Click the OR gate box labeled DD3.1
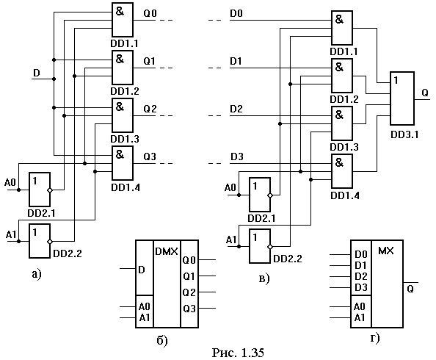click(402, 98)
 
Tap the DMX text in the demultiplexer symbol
click(167, 251)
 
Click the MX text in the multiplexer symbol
click(386, 251)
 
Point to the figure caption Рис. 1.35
click(238, 353)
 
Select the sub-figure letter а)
click(37, 274)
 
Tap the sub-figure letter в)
click(264, 278)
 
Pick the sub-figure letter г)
click(375, 338)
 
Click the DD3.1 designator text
click(404, 134)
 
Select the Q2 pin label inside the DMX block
click(189, 292)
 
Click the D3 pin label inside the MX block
click(361, 287)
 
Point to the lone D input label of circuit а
click(37, 73)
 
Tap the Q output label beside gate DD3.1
click(425, 93)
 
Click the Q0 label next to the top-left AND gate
click(150, 13)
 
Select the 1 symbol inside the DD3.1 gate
click(396, 81)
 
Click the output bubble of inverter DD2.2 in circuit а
click(50, 242)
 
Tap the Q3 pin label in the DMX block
click(189, 309)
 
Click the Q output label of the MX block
click(410, 289)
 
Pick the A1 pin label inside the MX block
click(359, 317)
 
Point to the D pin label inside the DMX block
click(142, 270)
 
